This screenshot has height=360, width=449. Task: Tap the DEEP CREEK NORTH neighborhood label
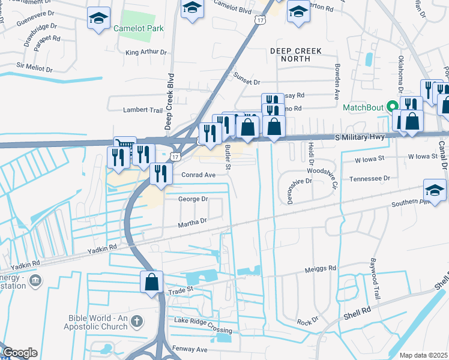pos(296,55)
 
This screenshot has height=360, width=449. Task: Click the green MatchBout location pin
pos(394,107)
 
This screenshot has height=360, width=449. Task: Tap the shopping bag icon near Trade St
pos(152,281)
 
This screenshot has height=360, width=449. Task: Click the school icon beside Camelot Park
pos(97,17)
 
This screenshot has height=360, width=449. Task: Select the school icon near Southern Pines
pos(435,190)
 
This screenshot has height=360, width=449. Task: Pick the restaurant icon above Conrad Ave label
pos(160,173)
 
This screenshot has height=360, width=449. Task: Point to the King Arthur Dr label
pos(146,52)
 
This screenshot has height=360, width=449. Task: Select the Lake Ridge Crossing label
pos(203,331)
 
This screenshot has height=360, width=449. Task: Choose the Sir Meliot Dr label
pos(36,65)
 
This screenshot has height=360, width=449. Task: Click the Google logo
pos(20,353)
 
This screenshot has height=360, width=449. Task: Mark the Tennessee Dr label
pos(370,178)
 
